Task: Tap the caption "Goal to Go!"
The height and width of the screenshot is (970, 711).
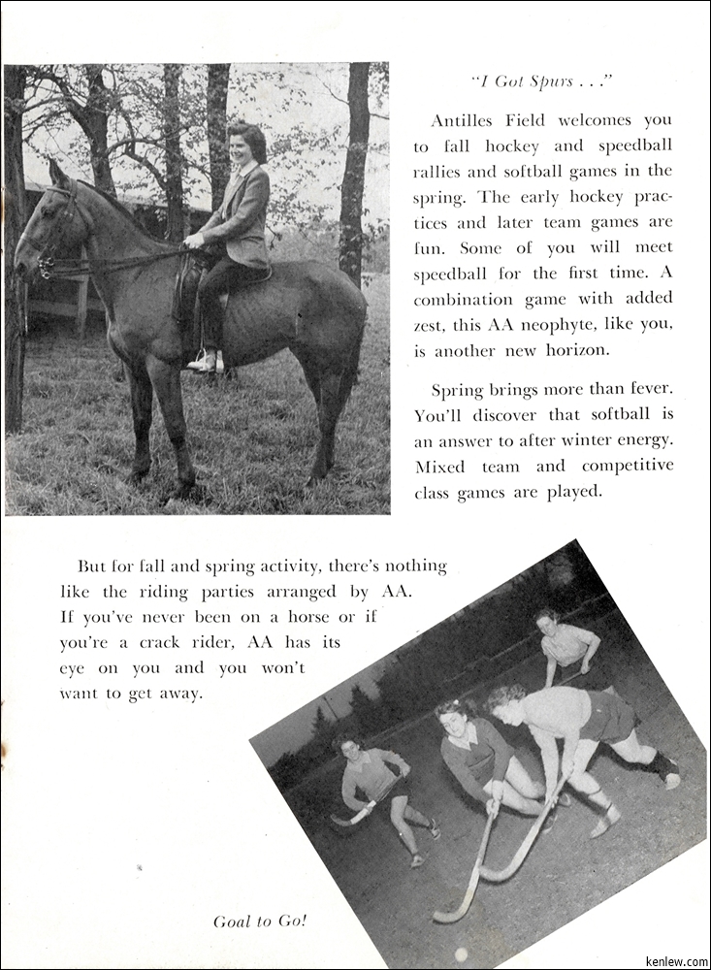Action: click(260, 921)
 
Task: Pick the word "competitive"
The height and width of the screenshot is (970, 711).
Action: click(626, 466)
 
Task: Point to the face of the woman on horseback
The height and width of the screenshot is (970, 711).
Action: click(241, 150)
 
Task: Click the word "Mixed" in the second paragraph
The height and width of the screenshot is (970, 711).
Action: click(440, 466)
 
